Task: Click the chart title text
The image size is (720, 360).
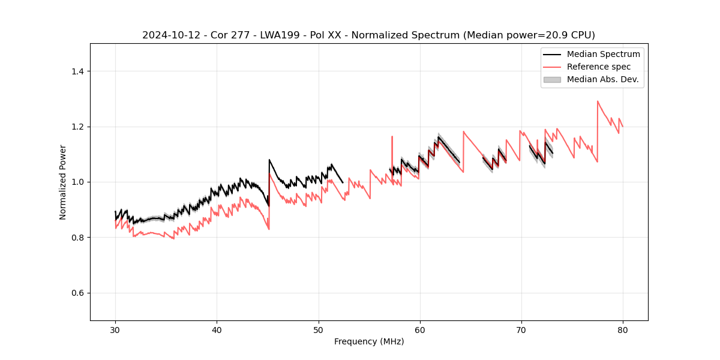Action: pyautogui.click(x=368, y=35)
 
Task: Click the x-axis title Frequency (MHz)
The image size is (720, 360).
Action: pyautogui.click(x=369, y=341)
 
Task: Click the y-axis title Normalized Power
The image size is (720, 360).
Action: pyautogui.click(x=63, y=182)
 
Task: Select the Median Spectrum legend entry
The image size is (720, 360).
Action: pyautogui.click(x=603, y=54)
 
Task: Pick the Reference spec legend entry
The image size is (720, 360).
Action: pyautogui.click(x=598, y=67)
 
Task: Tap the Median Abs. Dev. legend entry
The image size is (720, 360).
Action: pyautogui.click(x=602, y=79)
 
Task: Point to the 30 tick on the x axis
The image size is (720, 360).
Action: pyautogui.click(x=115, y=329)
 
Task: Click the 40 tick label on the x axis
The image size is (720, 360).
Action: pyautogui.click(x=217, y=329)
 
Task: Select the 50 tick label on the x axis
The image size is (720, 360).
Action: pyautogui.click(x=318, y=329)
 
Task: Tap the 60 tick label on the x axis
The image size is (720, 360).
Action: pyautogui.click(x=419, y=329)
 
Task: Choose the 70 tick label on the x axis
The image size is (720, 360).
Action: pyautogui.click(x=521, y=329)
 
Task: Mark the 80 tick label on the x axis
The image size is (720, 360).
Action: pyautogui.click(x=622, y=329)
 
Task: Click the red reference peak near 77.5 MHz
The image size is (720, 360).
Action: pyautogui.click(x=598, y=101)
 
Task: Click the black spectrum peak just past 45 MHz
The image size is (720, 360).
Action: pyautogui.click(x=269, y=160)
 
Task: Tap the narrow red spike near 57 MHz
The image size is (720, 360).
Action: pyautogui.click(x=392, y=137)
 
